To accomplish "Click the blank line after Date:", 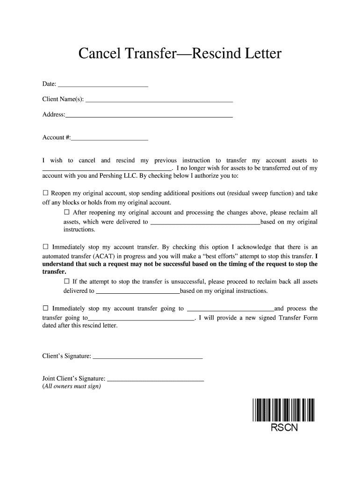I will coord(102,85).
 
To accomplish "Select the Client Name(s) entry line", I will coord(159,99).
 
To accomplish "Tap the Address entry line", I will coord(149,114).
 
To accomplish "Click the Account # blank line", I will coord(109,138).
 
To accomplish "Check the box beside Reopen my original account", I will coord(45,193).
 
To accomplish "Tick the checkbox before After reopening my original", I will coord(66,212).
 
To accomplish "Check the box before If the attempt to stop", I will coord(66,281).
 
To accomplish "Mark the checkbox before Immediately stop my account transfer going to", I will coord(45,308).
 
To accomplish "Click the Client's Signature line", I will coord(147,356).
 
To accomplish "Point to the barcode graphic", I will coord(283,409).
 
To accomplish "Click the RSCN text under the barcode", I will coord(284,428).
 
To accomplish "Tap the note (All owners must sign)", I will coord(72,387).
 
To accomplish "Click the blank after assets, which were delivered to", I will coord(205,222).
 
